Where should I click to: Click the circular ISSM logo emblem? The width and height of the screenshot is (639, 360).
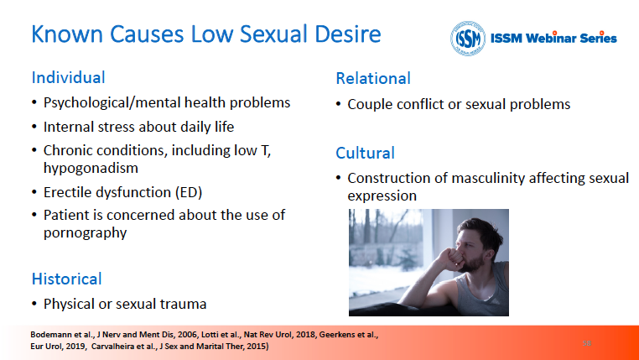tap(467, 39)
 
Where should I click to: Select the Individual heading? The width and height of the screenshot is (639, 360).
tap(69, 77)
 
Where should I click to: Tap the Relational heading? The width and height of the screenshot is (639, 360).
tap(373, 78)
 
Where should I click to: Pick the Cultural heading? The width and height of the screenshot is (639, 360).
tap(365, 153)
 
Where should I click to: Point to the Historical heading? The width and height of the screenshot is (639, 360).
tap(67, 279)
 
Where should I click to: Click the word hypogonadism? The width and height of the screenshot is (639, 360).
tap(91, 168)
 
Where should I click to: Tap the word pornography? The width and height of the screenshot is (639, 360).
tap(86, 232)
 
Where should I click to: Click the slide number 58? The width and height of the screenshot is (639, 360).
tap(587, 343)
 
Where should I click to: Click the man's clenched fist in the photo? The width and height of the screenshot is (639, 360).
tap(450, 259)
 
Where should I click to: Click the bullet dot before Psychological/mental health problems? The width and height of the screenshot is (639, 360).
tap(34, 102)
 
